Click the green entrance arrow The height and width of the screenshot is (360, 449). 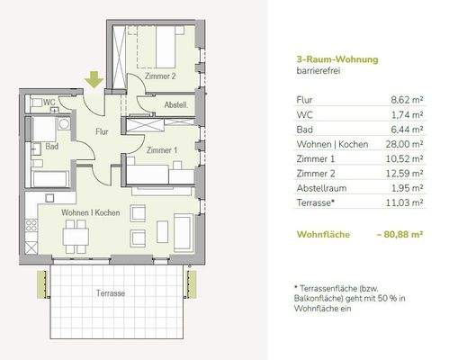click(x=94, y=81)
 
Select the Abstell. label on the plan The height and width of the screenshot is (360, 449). click(x=175, y=105)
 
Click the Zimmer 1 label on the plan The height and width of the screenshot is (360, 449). click(x=162, y=149)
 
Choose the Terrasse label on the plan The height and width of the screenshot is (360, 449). click(x=110, y=294)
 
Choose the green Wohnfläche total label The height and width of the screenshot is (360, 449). click(x=321, y=235)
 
